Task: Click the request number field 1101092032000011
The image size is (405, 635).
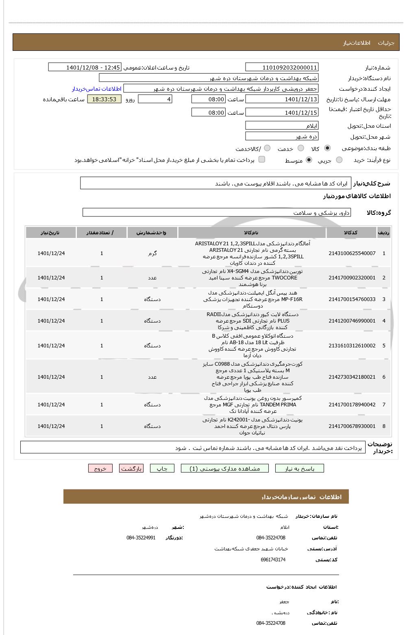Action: [282, 68]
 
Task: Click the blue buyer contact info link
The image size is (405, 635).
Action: [97, 89]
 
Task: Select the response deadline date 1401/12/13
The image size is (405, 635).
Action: [282, 99]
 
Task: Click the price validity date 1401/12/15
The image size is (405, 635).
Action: [282, 113]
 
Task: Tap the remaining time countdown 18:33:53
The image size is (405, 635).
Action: [104, 99]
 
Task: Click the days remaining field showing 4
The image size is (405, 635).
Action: [155, 99]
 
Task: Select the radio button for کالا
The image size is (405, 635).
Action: [327, 148]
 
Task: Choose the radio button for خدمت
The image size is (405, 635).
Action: [301, 148]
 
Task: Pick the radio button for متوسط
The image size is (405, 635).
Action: [309, 160]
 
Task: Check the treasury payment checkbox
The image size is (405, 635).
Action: [262, 159]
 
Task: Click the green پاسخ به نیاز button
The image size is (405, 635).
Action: [300, 469]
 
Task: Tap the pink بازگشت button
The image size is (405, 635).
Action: [131, 469]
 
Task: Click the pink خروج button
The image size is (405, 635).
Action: [100, 469]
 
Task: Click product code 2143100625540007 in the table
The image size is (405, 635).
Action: [352, 253]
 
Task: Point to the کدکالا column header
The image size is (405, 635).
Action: [351, 232]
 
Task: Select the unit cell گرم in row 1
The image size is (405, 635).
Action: [152, 253]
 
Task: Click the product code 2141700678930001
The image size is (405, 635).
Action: [352, 426]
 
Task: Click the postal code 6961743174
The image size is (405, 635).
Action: [273, 560]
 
